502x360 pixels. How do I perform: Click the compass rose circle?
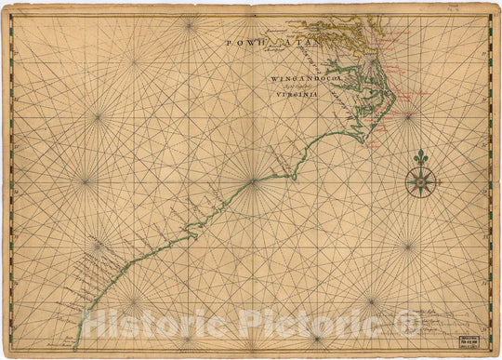click(420, 180)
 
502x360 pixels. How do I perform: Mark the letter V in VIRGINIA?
click(276, 96)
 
